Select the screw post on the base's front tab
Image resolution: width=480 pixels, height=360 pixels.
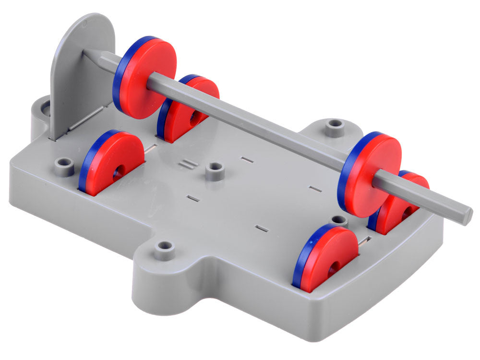[164, 249]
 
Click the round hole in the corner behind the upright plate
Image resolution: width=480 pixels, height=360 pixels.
[46, 108]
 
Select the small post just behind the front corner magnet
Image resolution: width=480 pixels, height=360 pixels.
[339, 220]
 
